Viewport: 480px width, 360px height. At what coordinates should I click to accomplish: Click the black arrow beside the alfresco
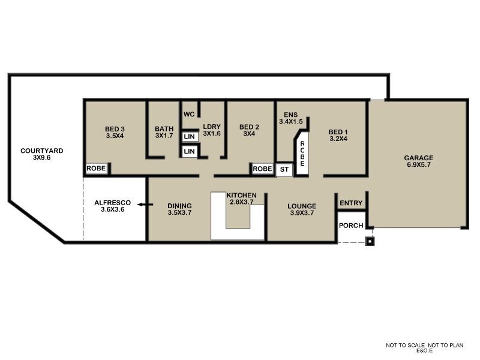142,205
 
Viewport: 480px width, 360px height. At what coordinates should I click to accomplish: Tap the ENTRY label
351,203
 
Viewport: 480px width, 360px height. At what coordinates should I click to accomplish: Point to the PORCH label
351,226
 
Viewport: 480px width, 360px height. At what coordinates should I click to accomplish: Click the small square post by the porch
370,242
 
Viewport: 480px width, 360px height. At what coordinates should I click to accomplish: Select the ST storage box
284,169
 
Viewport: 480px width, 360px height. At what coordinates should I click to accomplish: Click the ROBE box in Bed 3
96,169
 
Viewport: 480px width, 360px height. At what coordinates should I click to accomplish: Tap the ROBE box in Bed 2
262,169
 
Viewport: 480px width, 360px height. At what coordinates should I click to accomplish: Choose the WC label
189,114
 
